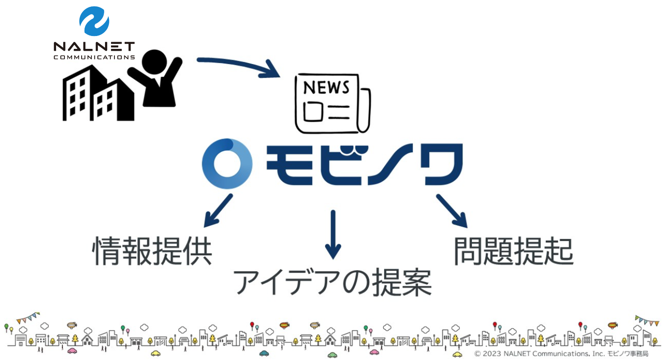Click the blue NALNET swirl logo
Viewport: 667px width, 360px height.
click(x=94, y=21)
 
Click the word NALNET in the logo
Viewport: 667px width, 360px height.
click(x=94, y=47)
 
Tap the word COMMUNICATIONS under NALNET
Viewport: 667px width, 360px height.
click(x=94, y=57)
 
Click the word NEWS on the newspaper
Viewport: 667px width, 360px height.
click(x=326, y=88)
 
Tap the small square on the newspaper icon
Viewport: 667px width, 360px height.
click(x=313, y=112)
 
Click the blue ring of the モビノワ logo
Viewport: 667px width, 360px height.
click(x=227, y=164)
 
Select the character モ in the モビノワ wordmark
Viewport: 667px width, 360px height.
click(x=290, y=165)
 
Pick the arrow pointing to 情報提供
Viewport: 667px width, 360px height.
click(x=218, y=211)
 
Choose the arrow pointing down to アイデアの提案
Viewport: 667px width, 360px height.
click(x=333, y=235)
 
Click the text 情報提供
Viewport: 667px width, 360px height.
click(x=152, y=251)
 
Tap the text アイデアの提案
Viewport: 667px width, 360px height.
click(x=332, y=282)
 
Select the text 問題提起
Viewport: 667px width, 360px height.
click(x=514, y=251)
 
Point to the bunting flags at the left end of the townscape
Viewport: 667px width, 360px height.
click(x=28, y=318)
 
